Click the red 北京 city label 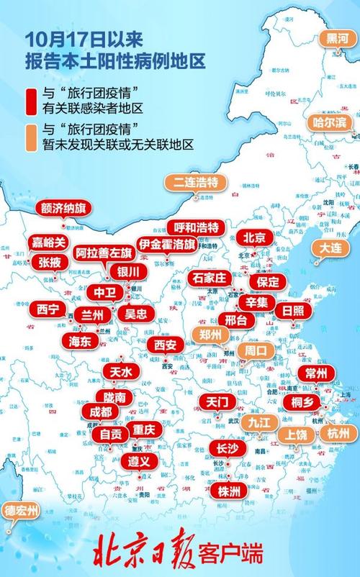(254, 237)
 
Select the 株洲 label (229, 491)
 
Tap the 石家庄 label (208, 277)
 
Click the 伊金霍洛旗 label (166, 245)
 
